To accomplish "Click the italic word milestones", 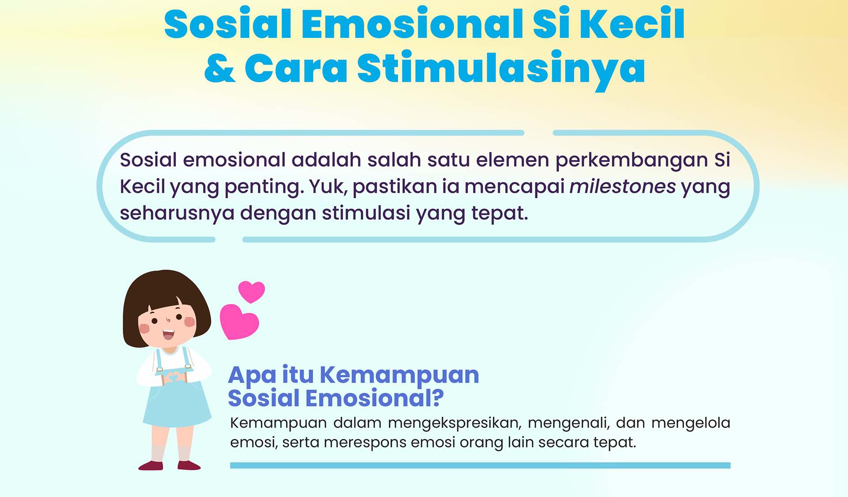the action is click(x=622, y=186).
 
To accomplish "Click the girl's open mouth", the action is click(x=168, y=334).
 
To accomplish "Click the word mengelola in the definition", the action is click(x=691, y=423).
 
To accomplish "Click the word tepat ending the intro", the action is click(x=500, y=214).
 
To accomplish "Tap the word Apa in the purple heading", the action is click(x=252, y=376).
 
